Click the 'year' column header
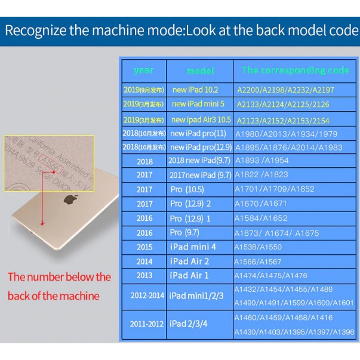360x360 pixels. point(143,70)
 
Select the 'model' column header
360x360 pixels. point(200,70)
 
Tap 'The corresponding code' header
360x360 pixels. point(295,70)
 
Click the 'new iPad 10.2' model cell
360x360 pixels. point(195,90)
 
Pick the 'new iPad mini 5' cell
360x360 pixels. point(198,104)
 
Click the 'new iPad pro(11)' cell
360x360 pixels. point(198,133)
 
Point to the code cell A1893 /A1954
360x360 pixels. point(262,161)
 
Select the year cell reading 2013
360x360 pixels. point(144,275)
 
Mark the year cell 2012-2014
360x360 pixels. point(144,296)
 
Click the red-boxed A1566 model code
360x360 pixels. point(48,161)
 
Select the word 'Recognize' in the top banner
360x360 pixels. point(37,31)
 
